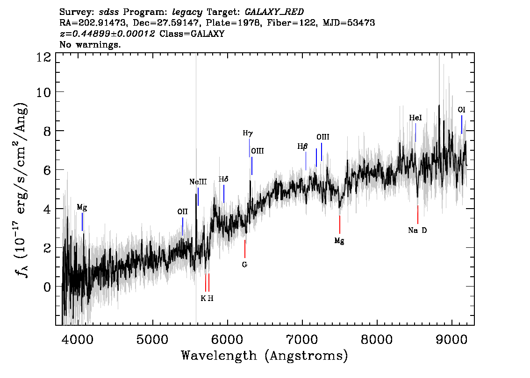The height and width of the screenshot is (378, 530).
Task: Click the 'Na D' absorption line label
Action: [417, 231]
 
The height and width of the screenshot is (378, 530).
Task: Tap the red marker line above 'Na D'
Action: [418, 215]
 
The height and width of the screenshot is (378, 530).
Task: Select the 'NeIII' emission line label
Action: [198, 182]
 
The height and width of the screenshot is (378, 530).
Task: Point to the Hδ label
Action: [223, 179]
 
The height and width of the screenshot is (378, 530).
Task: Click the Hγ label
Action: [248, 133]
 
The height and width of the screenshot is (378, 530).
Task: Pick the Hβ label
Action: [302, 147]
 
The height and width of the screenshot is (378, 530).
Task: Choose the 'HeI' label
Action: [415, 118]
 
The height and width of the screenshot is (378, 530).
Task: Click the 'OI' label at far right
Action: [461, 110]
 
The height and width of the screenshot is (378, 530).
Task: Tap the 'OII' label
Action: [183, 211]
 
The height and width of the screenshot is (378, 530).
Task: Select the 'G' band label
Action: [244, 265]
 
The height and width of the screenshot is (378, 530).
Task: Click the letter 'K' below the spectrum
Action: [203, 298]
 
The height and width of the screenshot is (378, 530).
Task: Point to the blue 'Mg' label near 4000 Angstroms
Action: [82, 207]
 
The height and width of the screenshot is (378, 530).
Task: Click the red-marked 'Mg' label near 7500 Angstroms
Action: [339, 241]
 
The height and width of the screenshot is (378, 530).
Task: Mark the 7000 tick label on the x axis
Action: [302, 339]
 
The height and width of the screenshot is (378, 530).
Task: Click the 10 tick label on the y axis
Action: [44, 92]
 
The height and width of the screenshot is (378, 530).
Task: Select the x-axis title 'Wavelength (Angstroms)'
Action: [265, 356]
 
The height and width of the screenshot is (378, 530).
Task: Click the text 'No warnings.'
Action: [90, 44]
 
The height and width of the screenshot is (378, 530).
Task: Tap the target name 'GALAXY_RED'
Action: [274, 12]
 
